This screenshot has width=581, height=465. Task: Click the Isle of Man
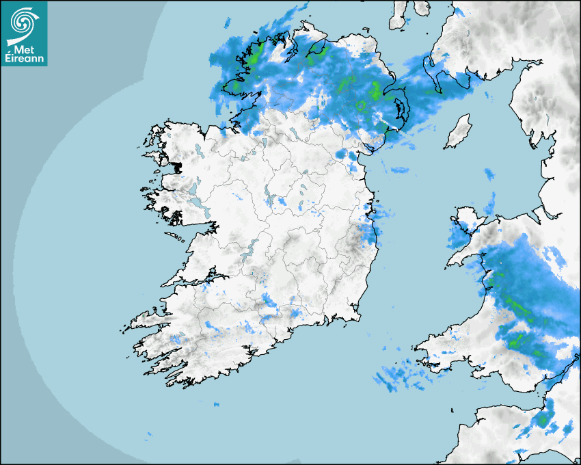click(458, 132)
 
